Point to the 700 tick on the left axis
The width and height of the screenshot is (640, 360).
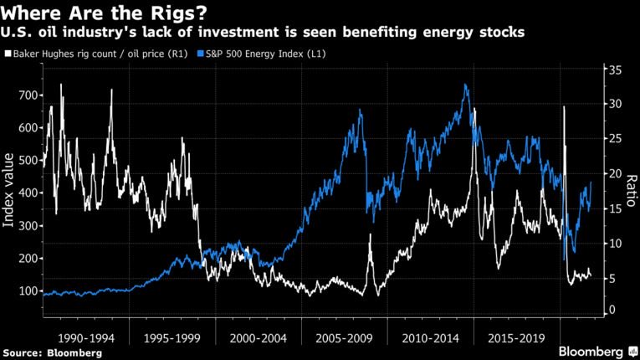coord(27,95)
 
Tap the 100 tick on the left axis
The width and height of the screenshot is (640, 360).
coord(27,291)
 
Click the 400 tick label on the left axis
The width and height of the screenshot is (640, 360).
coord(27,193)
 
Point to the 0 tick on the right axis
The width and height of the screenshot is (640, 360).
coord(611,311)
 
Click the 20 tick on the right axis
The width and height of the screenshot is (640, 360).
coord(613,173)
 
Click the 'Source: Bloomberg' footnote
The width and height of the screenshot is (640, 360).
coord(53,352)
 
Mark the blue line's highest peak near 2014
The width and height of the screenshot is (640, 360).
coord(465,85)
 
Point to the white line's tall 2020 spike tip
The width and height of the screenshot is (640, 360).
coord(564,109)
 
